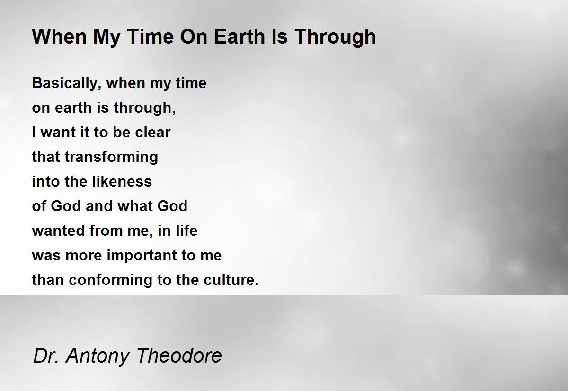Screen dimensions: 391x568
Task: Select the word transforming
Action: (x=111, y=157)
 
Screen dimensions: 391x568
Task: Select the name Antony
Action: (x=97, y=355)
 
